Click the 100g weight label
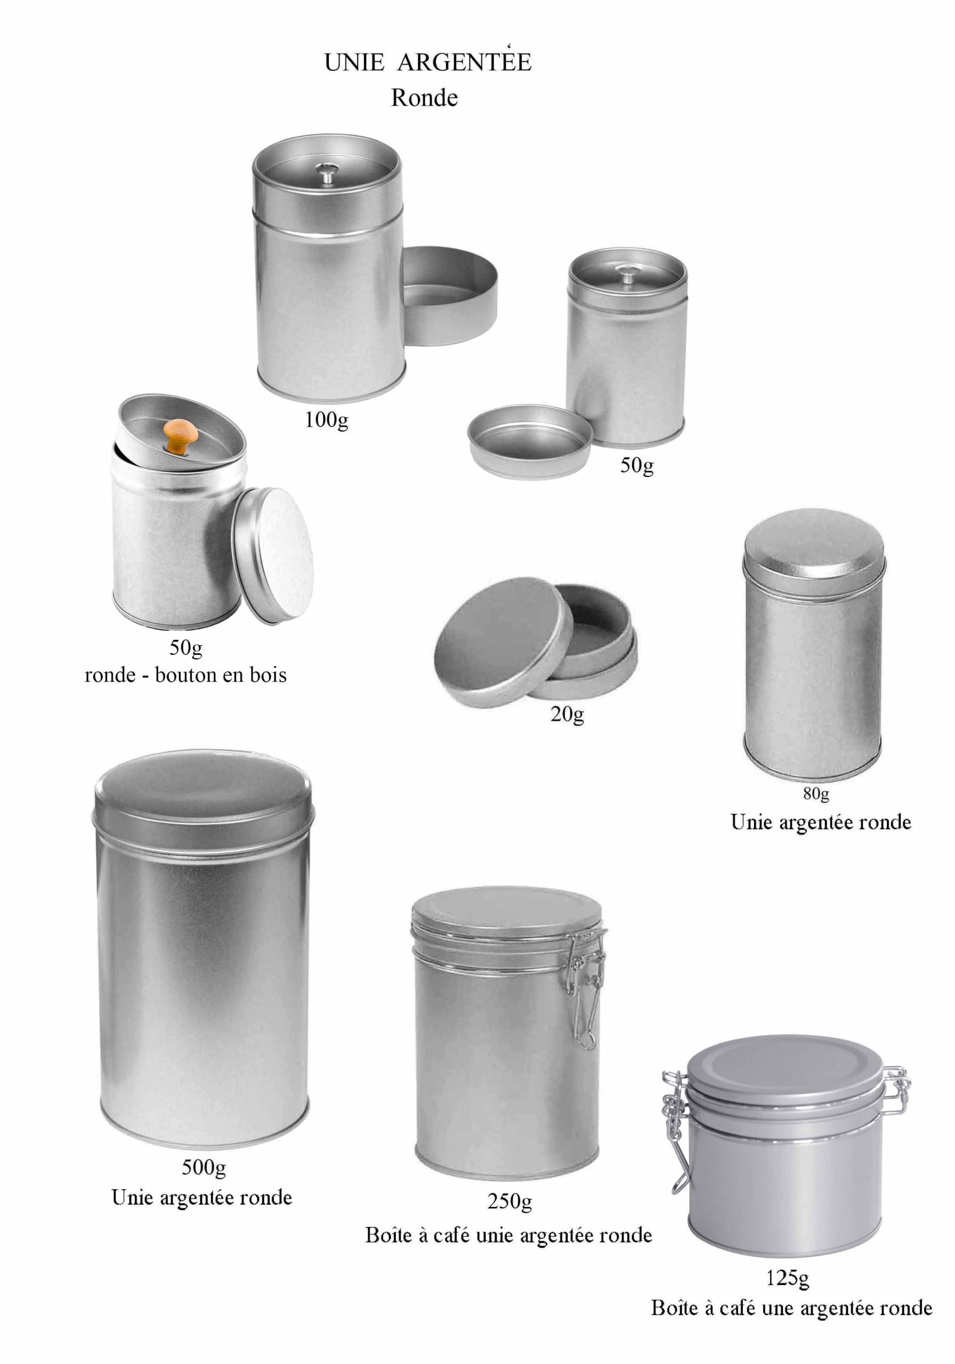pos(326,420)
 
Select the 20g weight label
pos(567,713)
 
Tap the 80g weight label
pos(816,794)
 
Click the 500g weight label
pos(204,1167)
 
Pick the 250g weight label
pos(509,1201)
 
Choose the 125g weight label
pos(788,1278)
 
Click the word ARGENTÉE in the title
pos(464,62)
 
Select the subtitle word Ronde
pos(424,98)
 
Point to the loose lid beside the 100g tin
pos(450,295)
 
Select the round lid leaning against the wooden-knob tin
pos(273,556)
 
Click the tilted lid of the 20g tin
pos(503,642)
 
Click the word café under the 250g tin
pos(451,1235)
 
